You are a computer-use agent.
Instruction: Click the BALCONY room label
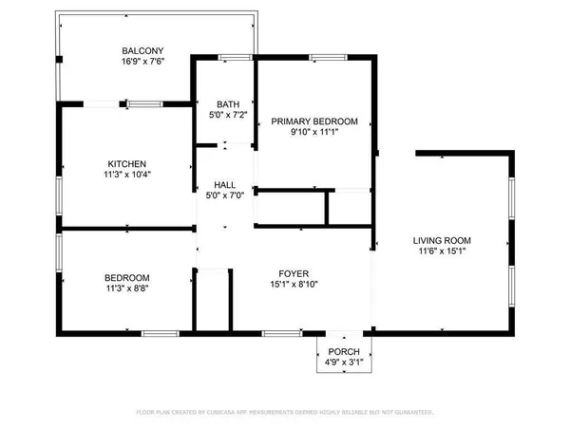(143, 51)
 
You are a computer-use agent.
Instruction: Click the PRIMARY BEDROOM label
(314, 121)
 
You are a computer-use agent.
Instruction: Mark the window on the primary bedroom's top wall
(325, 59)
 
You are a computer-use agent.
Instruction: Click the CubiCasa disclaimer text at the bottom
(285, 413)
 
